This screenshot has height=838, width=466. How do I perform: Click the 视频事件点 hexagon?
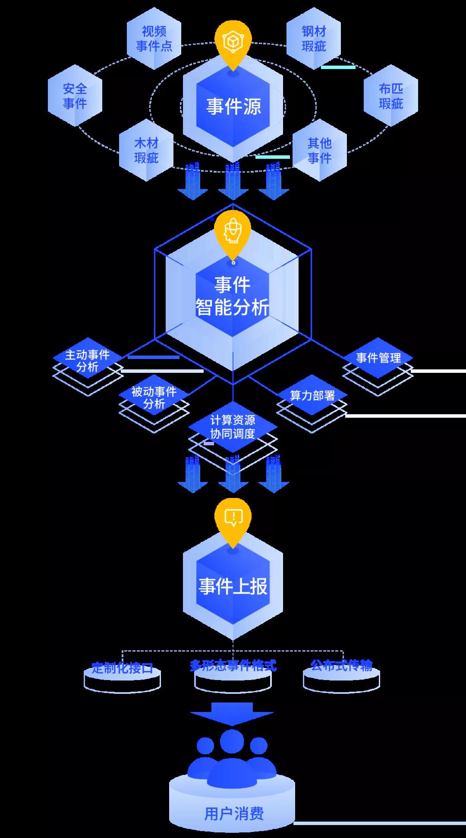point(154,39)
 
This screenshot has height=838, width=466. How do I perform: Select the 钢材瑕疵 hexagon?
point(314,39)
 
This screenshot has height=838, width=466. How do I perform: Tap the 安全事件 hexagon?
point(75,96)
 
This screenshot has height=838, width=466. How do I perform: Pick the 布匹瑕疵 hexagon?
point(390,96)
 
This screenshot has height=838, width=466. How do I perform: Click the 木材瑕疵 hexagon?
point(146,150)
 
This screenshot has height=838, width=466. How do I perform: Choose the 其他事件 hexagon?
point(319,150)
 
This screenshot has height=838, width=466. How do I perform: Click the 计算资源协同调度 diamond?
point(233,426)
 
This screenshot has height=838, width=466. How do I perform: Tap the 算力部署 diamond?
point(312,395)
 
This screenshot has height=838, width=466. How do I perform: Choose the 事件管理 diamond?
point(378,357)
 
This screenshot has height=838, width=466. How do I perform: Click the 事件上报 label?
point(233,586)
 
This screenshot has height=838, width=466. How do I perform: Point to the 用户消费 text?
point(233,814)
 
